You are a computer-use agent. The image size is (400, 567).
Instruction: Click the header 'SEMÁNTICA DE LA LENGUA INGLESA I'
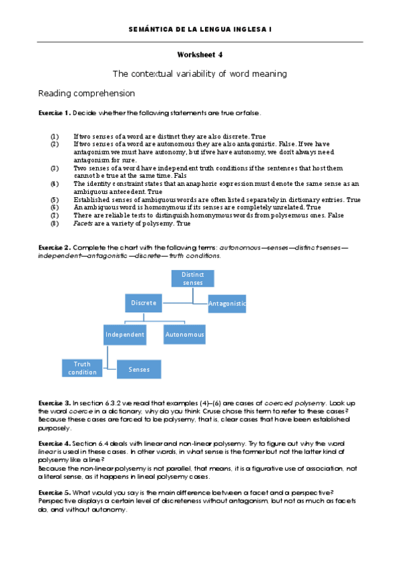pyautogui.click(x=200, y=30)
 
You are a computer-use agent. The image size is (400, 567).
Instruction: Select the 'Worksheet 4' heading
pyautogui.click(x=200, y=55)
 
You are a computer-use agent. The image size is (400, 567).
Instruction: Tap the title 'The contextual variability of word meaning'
pyautogui.click(x=200, y=73)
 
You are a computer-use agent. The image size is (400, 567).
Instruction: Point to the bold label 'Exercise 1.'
pyautogui.click(x=54, y=113)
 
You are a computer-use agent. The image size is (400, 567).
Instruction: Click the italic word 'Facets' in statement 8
pyautogui.click(x=83, y=223)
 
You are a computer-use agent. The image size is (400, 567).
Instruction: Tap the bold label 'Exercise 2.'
pyautogui.click(x=54, y=247)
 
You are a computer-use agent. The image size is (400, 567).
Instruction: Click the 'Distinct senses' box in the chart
pyautogui.click(x=193, y=278)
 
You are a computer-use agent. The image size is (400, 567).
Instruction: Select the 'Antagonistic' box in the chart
pyautogui.click(x=227, y=304)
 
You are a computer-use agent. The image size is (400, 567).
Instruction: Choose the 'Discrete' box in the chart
pyautogui.click(x=144, y=303)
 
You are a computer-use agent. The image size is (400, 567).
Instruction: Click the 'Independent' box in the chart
pyautogui.click(x=124, y=334)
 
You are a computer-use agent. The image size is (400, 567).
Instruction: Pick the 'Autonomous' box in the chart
pyautogui.click(x=184, y=334)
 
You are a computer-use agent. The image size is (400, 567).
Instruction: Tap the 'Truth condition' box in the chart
pyautogui.click(x=81, y=368)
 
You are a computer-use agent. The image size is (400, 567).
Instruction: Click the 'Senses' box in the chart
pyautogui.click(x=139, y=369)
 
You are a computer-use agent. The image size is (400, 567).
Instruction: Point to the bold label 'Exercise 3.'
pyautogui.click(x=54, y=404)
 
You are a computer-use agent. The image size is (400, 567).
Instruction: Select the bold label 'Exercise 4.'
pyautogui.click(x=54, y=444)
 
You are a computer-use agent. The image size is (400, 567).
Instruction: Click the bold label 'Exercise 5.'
pyautogui.click(x=54, y=491)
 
